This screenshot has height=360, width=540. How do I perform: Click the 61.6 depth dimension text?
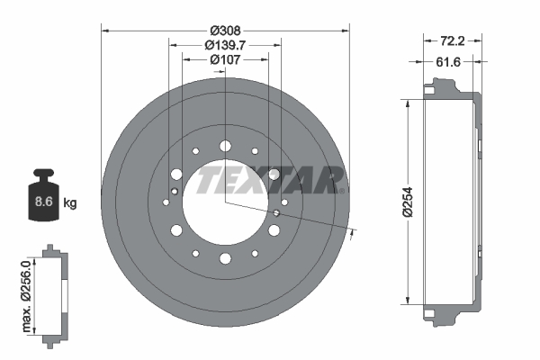(450, 61)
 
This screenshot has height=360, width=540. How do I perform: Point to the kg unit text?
(70, 202)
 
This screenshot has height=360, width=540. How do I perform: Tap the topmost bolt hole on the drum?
(224, 144)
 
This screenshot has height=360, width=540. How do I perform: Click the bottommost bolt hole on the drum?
(224, 259)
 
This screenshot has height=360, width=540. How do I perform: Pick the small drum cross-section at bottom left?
(54, 292)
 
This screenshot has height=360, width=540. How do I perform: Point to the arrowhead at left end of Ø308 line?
(106, 31)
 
